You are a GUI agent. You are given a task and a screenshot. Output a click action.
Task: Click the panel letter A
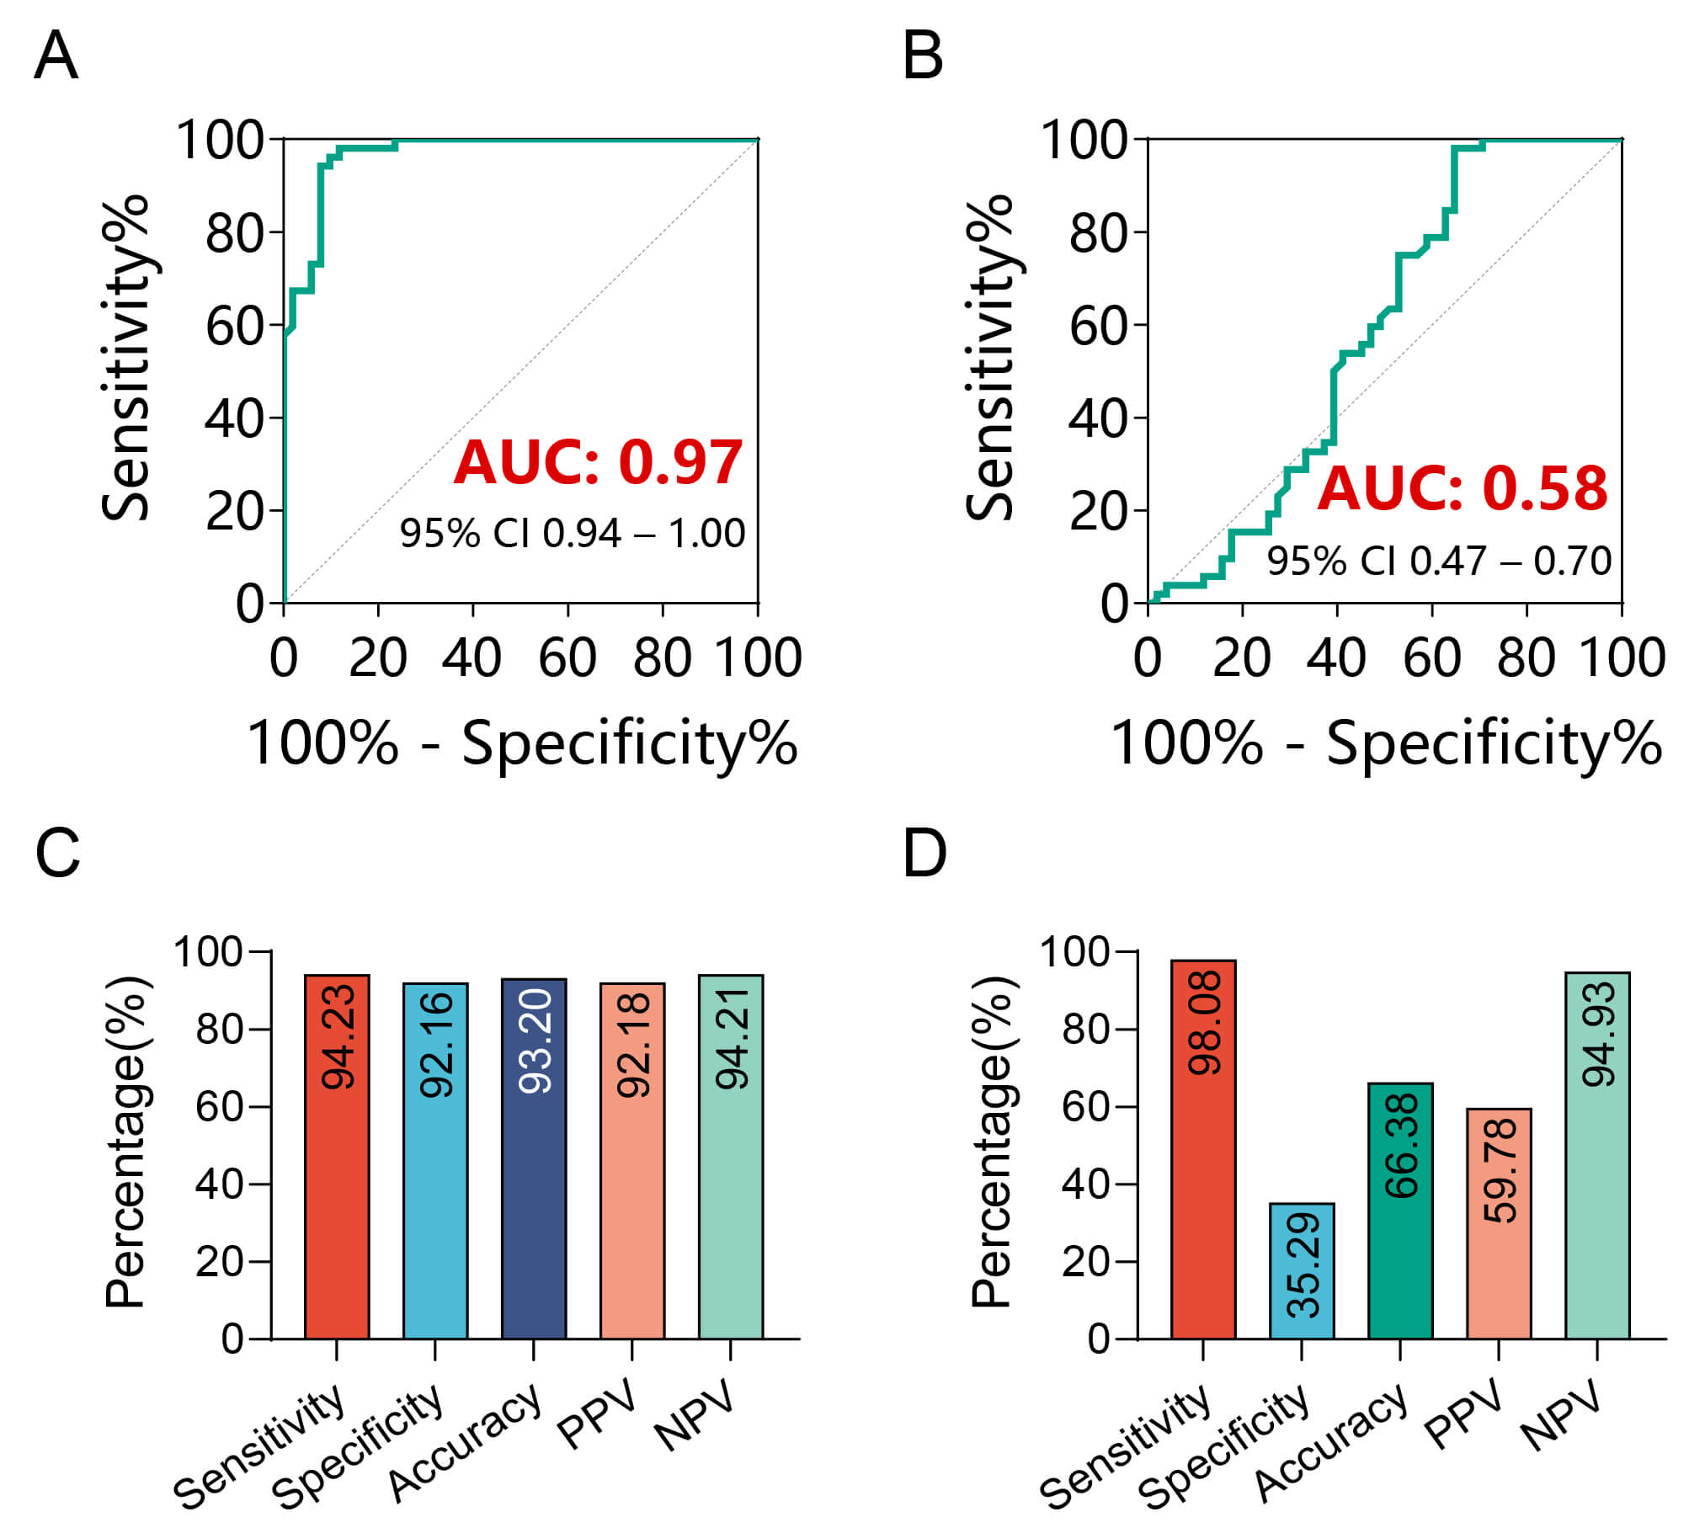click(56, 56)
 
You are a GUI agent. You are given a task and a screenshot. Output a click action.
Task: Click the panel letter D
click(924, 854)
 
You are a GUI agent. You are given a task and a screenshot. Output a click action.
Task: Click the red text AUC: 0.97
click(598, 462)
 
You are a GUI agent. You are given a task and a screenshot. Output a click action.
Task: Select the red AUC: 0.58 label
click(1463, 488)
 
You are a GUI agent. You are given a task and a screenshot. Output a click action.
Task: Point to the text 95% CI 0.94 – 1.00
click(572, 533)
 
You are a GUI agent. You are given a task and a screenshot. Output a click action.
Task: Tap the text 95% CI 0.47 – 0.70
click(1439, 561)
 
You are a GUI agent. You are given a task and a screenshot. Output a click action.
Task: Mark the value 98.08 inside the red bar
click(1204, 1023)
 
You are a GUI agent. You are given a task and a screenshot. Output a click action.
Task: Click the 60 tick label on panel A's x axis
click(567, 657)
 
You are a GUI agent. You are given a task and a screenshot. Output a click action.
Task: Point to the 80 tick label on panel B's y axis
click(1097, 233)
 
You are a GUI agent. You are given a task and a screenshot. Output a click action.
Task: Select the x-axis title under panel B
click(1387, 743)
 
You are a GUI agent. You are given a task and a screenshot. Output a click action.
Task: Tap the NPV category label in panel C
click(693, 1417)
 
